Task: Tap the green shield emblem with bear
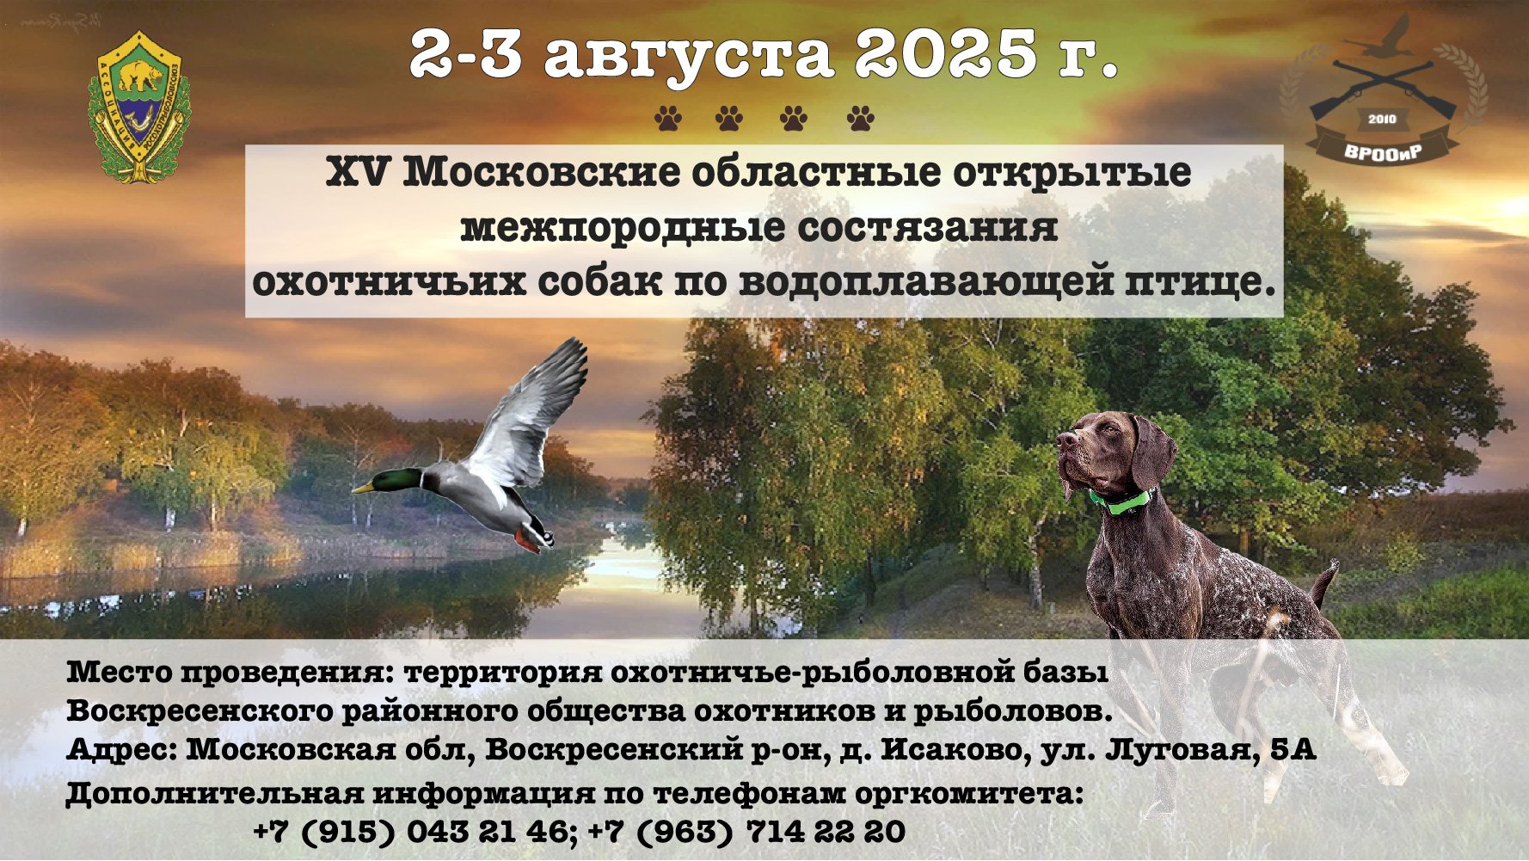click(138, 107)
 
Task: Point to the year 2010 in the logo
click(1382, 119)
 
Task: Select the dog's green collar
click(1122, 501)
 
